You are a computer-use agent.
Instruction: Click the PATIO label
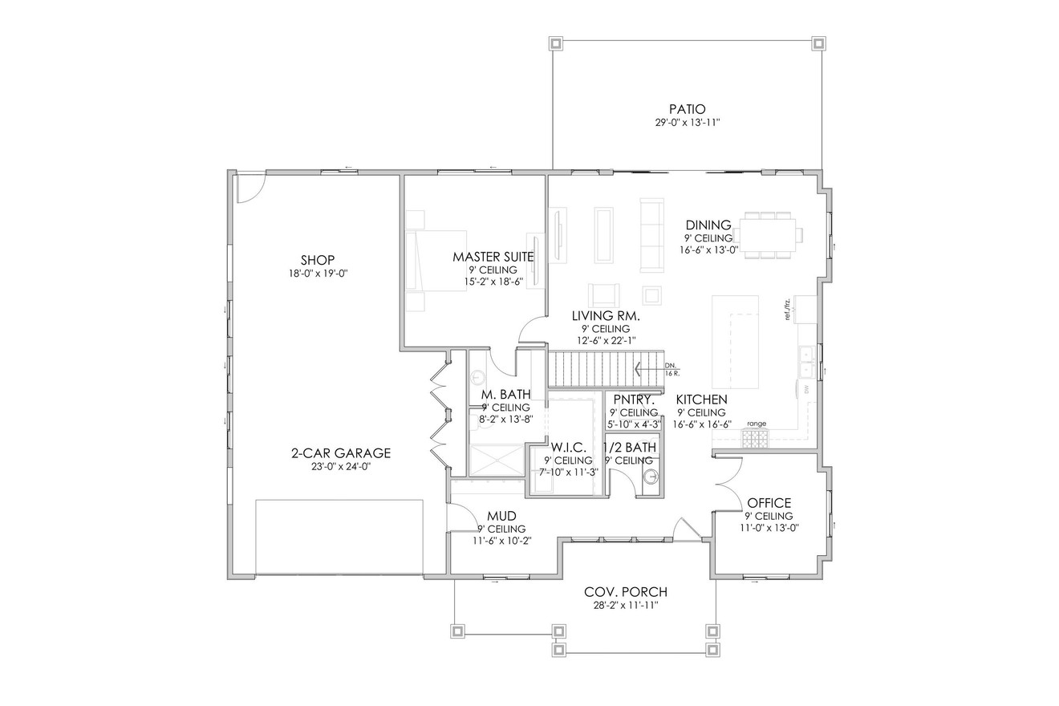pos(687,108)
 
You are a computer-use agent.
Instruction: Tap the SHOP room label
pos(317,259)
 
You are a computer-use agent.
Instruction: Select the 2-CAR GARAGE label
pos(340,453)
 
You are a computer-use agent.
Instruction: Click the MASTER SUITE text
pos(493,257)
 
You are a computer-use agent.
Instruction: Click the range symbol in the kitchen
pos(755,436)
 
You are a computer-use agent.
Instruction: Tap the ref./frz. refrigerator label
pos(788,309)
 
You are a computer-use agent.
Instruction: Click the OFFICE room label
pos(769,503)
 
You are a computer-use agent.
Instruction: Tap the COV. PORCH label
pos(626,592)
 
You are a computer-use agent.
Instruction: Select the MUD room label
pos(501,516)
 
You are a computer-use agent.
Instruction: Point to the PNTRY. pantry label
pos(634,400)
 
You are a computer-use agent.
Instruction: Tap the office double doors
pos(728,483)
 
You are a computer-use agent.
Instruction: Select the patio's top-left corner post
pos(554,43)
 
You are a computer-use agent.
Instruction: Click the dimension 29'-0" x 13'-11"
pos(687,123)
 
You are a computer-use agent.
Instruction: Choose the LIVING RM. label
pos(605,316)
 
